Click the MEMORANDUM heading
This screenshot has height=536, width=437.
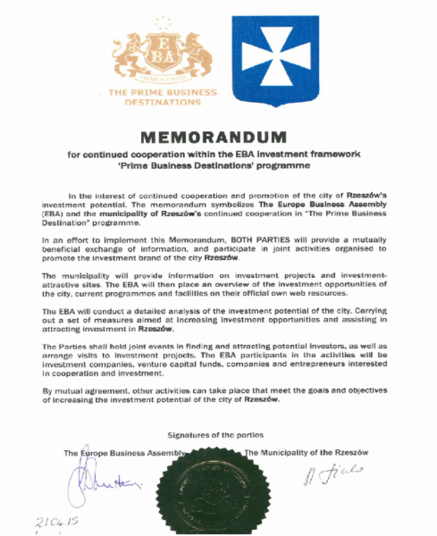tap(214, 137)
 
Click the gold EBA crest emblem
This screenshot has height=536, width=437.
tap(163, 55)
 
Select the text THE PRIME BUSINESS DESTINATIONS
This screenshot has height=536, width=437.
tap(163, 97)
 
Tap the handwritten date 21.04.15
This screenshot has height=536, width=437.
tap(57, 522)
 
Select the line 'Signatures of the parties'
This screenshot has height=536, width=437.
tap(215, 435)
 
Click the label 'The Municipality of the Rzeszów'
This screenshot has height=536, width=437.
tap(306, 453)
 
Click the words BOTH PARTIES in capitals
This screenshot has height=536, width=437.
tap(260, 240)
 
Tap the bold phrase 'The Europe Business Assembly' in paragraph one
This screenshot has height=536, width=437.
tap(322, 205)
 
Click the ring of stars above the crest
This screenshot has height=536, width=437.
tap(164, 23)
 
